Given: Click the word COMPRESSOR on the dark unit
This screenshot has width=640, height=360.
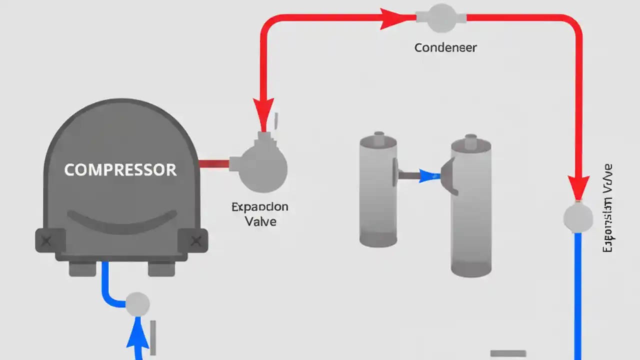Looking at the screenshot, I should (120, 169).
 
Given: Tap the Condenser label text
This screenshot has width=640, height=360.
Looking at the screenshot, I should (445, 48).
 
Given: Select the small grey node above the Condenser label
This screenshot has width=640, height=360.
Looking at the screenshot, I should (441, 18).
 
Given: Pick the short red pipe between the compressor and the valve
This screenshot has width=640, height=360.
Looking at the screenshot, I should (214, 163).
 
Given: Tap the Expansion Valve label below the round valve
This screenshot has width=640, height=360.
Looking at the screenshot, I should (260, 214).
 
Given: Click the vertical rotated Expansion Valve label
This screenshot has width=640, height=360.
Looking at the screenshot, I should (607, 207).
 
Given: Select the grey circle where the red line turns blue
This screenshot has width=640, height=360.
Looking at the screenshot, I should (578, 217).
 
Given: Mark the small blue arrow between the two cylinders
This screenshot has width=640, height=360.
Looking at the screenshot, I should (428, 175).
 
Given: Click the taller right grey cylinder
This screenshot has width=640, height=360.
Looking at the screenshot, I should (471, 207).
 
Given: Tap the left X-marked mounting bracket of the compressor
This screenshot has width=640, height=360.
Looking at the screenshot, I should (50, 240).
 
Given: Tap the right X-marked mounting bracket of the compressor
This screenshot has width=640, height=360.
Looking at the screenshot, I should (193, 240).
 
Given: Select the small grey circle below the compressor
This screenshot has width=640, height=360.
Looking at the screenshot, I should (137, 304).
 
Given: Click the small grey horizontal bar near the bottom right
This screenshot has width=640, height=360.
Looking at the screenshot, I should (508, 353).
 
